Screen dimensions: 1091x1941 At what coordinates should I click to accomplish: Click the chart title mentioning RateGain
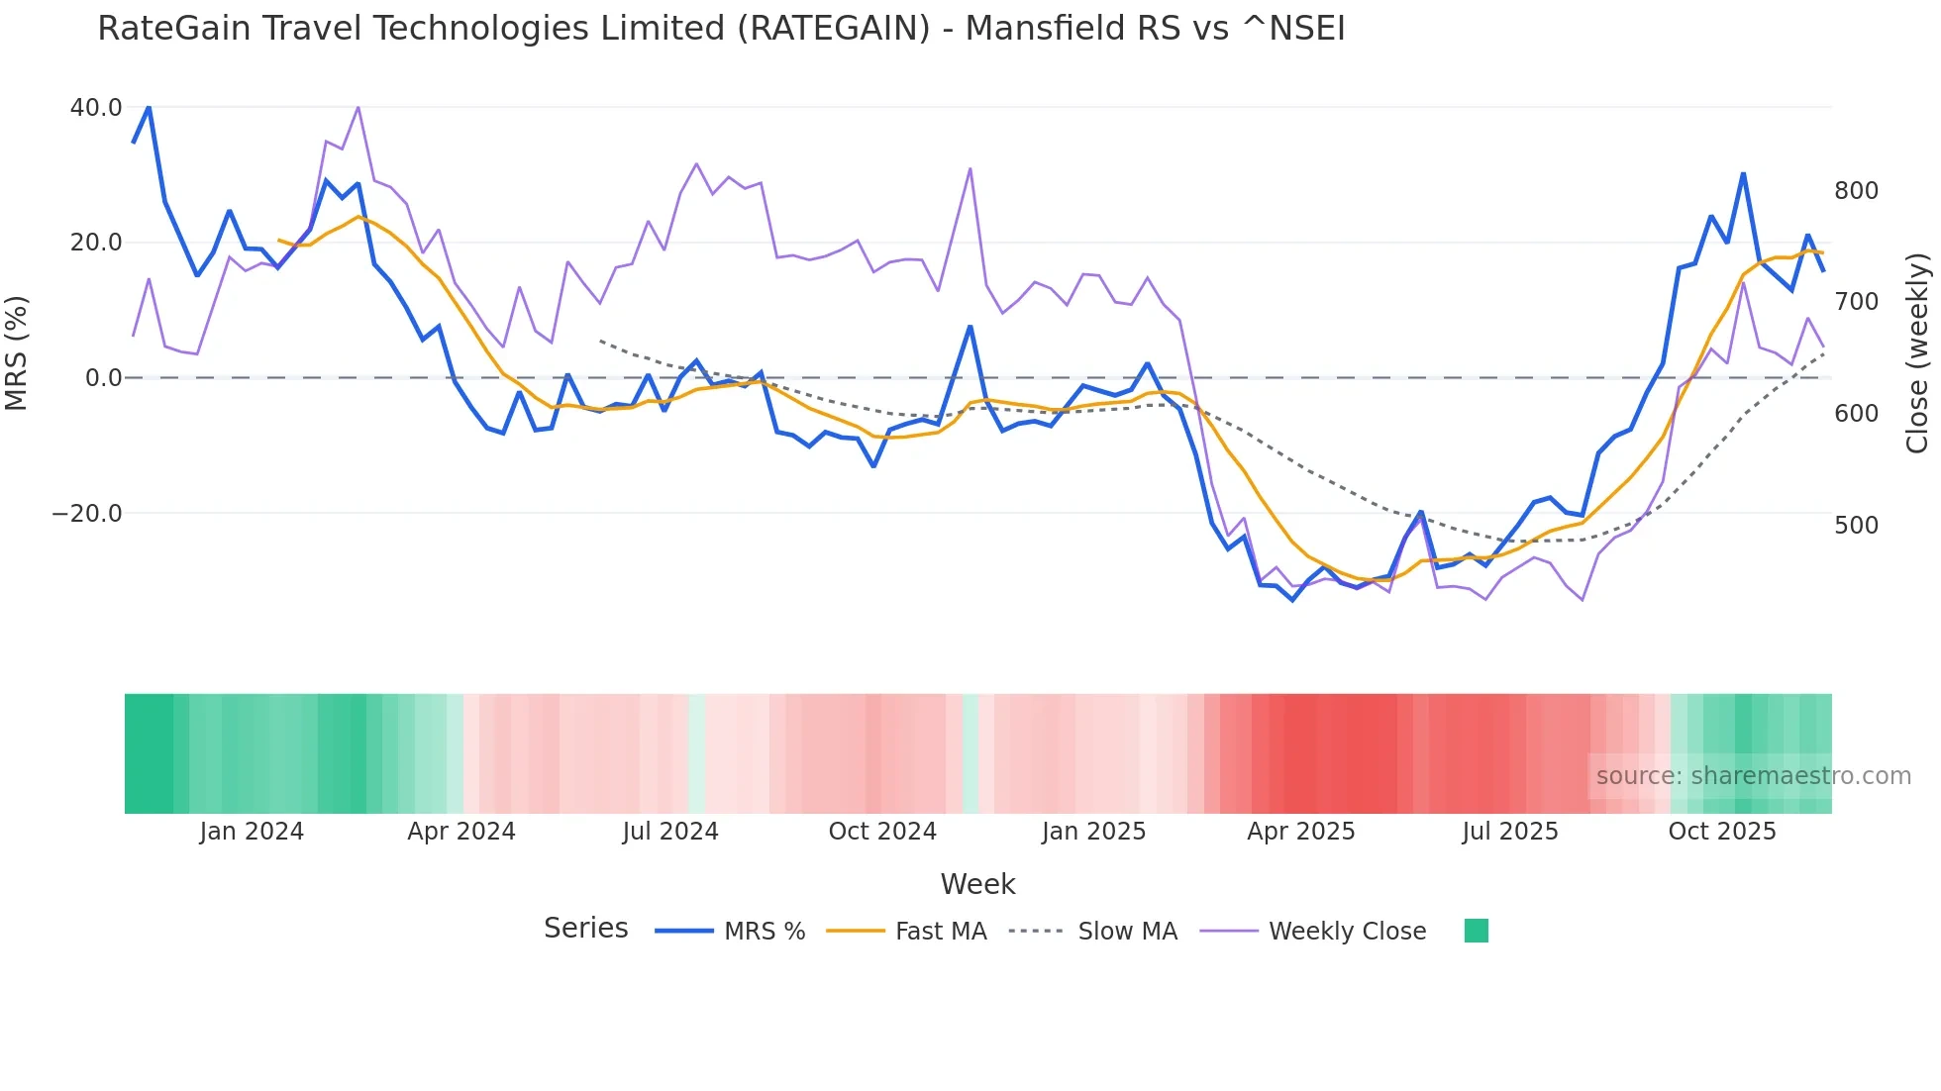[x=721, y=28]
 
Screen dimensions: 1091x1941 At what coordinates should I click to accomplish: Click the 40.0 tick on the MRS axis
[x=96, y=107]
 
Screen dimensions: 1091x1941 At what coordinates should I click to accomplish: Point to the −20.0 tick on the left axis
[x=87, y=513]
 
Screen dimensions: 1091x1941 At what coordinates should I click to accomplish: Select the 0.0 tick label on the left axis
[x=103, y=377]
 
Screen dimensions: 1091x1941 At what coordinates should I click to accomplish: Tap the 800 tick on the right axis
[x=1856, y=190]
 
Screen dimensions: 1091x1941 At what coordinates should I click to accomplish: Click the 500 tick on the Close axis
[x=1856, y=525]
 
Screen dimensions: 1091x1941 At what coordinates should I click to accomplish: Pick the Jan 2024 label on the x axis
[x=252, y=831]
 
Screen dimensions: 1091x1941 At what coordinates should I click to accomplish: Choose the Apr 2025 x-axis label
[x=1300, y=831]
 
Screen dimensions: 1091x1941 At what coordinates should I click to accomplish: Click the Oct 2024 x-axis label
[x=882, y=831]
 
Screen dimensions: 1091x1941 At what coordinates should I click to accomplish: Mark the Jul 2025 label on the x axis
[x=1509, y=831]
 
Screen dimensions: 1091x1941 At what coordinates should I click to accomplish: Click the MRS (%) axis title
[x=17, y=352]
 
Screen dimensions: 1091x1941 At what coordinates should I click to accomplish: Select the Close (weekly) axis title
[x=1918, y=352]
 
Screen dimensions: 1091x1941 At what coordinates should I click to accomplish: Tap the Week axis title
[x=977, y=883]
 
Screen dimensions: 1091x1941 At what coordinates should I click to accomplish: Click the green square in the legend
[x=1476, y=931]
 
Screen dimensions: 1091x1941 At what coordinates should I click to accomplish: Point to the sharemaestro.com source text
[x=1753, y=775]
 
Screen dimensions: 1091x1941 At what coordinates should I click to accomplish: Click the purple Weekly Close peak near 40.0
[x=358, y=107]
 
